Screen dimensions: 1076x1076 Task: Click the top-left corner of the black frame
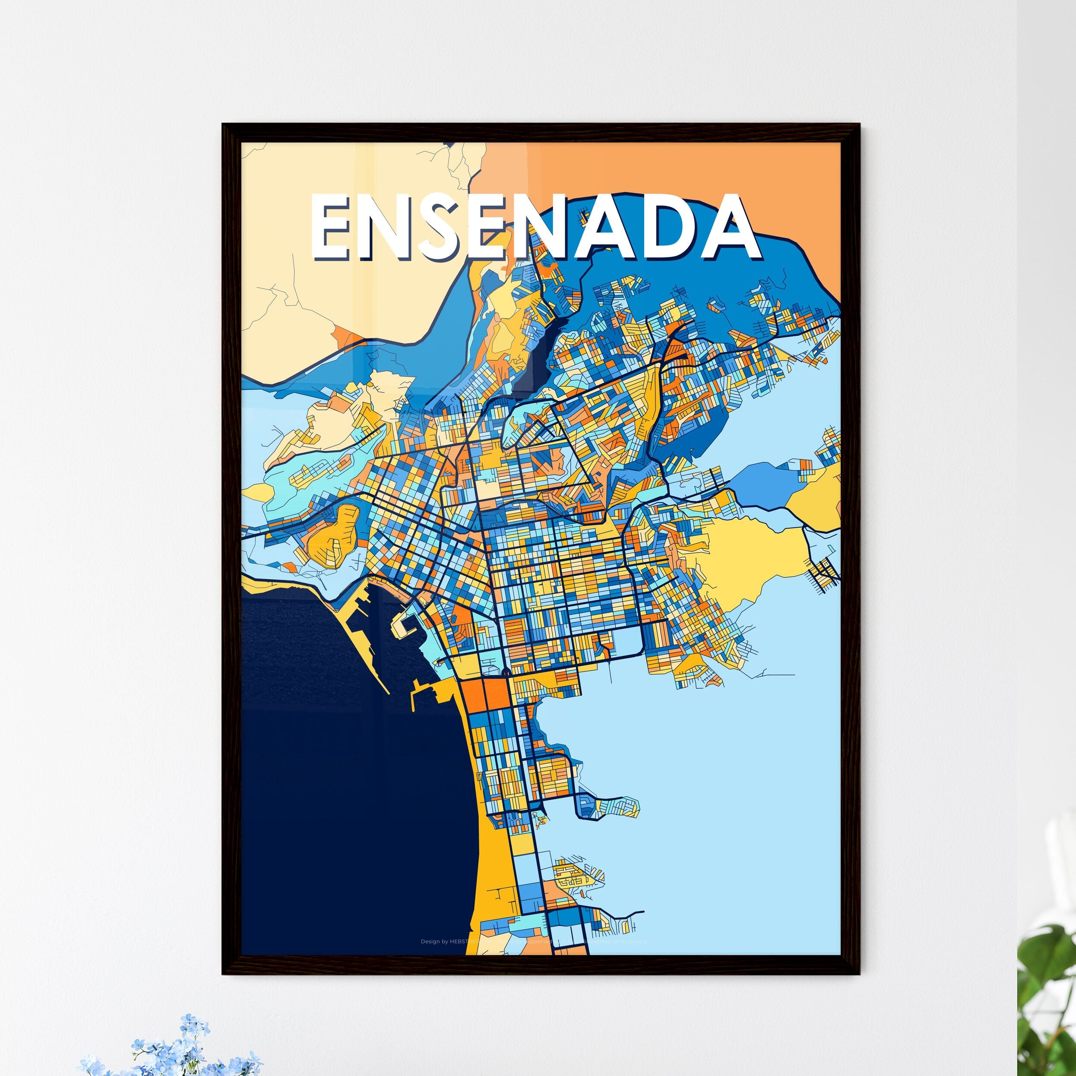(224, 125)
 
